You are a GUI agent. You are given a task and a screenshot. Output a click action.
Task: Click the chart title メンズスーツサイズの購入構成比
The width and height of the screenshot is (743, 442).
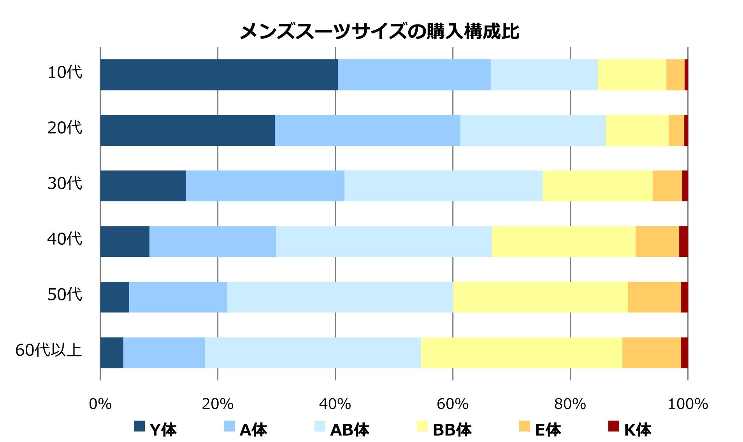coord(379,31)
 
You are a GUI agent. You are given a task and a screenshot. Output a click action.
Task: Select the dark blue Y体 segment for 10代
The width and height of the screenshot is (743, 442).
coord(219,75)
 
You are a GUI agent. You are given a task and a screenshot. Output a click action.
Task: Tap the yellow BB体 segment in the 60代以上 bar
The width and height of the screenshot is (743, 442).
coord(522,353)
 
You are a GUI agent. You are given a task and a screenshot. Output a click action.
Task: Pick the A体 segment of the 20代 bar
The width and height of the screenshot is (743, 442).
coord(367,130)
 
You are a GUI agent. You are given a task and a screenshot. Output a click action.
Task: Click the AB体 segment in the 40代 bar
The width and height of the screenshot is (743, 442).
coord(384,241)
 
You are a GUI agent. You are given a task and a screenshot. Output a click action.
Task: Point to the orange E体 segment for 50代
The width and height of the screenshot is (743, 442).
coord(654,297)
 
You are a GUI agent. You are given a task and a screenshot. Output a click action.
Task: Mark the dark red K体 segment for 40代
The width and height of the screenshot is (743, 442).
coord(683,241)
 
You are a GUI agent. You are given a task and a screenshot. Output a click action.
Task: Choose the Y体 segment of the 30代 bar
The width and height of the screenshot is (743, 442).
coord(143,186)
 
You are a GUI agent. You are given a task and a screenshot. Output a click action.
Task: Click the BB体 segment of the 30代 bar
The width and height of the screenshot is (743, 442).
coord(597,186)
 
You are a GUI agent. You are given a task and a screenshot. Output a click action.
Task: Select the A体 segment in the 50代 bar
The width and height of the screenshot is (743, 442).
coord(178,297)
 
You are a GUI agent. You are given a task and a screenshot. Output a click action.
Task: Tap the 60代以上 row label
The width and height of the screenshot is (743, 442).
coord(49,350)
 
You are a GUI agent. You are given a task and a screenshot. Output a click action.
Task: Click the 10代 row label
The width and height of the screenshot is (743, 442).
coord(65,72)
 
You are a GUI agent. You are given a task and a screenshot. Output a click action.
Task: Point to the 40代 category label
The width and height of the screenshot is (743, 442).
coord(65,239)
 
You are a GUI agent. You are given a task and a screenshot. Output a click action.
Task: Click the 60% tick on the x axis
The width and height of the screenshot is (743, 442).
coord(452,404)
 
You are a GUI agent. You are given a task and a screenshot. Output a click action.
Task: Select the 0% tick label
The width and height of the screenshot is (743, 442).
coord(100,404)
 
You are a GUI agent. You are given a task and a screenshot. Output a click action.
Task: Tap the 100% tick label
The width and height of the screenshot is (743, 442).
coord(688,404)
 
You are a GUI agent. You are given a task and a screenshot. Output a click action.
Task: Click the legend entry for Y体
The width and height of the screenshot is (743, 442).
coord(155,429)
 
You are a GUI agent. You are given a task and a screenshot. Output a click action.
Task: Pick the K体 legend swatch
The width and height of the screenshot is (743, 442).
coord(614,426)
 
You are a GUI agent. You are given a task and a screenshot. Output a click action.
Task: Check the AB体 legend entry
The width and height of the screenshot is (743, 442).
coord(342,429)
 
